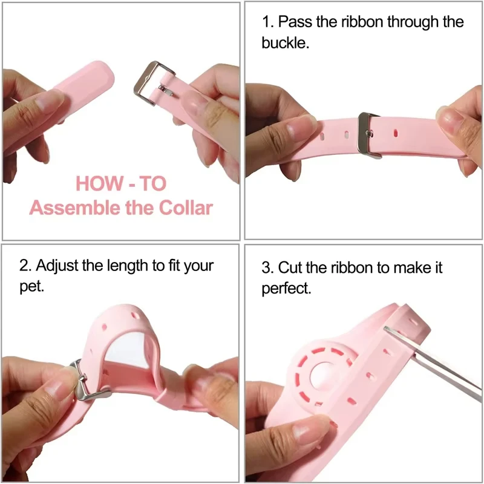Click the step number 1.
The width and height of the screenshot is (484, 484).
click(266, 23)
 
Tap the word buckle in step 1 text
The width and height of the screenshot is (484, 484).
click(286, 44)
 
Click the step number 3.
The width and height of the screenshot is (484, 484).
click(266, 267)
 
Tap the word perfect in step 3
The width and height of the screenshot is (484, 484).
click(286, 289)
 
